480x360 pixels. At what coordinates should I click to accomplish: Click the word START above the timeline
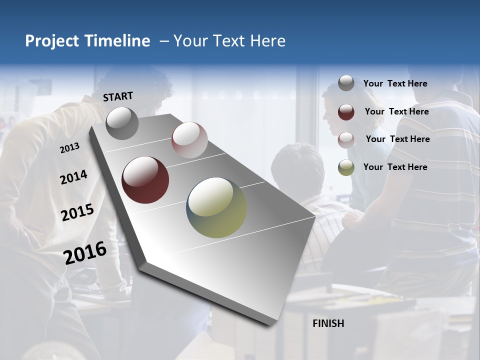[x=118, y=96]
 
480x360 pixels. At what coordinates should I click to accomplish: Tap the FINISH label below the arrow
[x=328, y=323]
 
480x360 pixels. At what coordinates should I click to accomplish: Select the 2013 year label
[x=69, y=147]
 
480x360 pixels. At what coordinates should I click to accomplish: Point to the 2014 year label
[x=73, y=177]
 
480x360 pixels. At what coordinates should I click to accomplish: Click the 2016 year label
[x=85, y=252]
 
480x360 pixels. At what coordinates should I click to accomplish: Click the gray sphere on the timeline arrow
[x=122, y=123]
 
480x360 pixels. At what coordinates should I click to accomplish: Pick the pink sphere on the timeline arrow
[x=189, y=139]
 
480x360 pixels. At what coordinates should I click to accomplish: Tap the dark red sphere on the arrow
[x=145, y=180]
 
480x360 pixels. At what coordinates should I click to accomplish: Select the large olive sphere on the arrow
[x=216, y=207]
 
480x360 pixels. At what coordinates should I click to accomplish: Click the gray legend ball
[x=346, y=83]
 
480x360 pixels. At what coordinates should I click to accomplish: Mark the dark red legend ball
[x=346, y=112]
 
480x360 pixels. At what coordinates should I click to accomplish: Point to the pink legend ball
[x=346, y=139]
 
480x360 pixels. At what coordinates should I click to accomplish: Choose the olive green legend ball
[x=346, y=167]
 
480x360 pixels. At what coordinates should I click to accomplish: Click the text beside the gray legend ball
[x=395, y=83]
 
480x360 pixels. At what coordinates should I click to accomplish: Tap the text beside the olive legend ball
[x=395, y=167]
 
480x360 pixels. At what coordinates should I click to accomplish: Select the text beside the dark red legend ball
[x=396, y=111]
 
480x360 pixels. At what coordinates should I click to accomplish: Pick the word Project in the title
[x=51, y=41]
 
